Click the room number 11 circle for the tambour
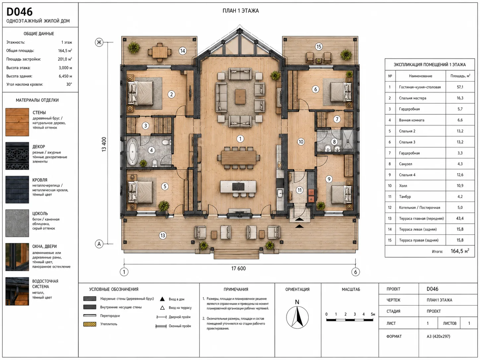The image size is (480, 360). click(300, 190)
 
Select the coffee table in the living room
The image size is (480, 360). click(240, 96)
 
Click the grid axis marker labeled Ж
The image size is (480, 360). click(99, 42)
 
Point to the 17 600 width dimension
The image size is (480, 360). click(238, 269)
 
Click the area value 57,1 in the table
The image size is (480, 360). click(460, 87)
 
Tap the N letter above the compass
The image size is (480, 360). click(297, 302)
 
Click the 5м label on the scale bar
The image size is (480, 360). click(373, 314)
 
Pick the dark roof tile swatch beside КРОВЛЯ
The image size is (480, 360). click(17, 190)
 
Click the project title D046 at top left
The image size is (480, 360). click(20, 12)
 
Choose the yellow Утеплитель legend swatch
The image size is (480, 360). click(90, 324)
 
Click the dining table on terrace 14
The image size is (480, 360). click(160, 52)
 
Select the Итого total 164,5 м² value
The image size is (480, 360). click(460, 251)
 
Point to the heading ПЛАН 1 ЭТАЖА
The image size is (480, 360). click(241, 11)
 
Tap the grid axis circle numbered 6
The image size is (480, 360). click(356, 272)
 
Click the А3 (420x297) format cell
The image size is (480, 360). click(438, 336)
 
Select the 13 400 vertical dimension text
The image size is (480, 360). click(104, 144)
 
